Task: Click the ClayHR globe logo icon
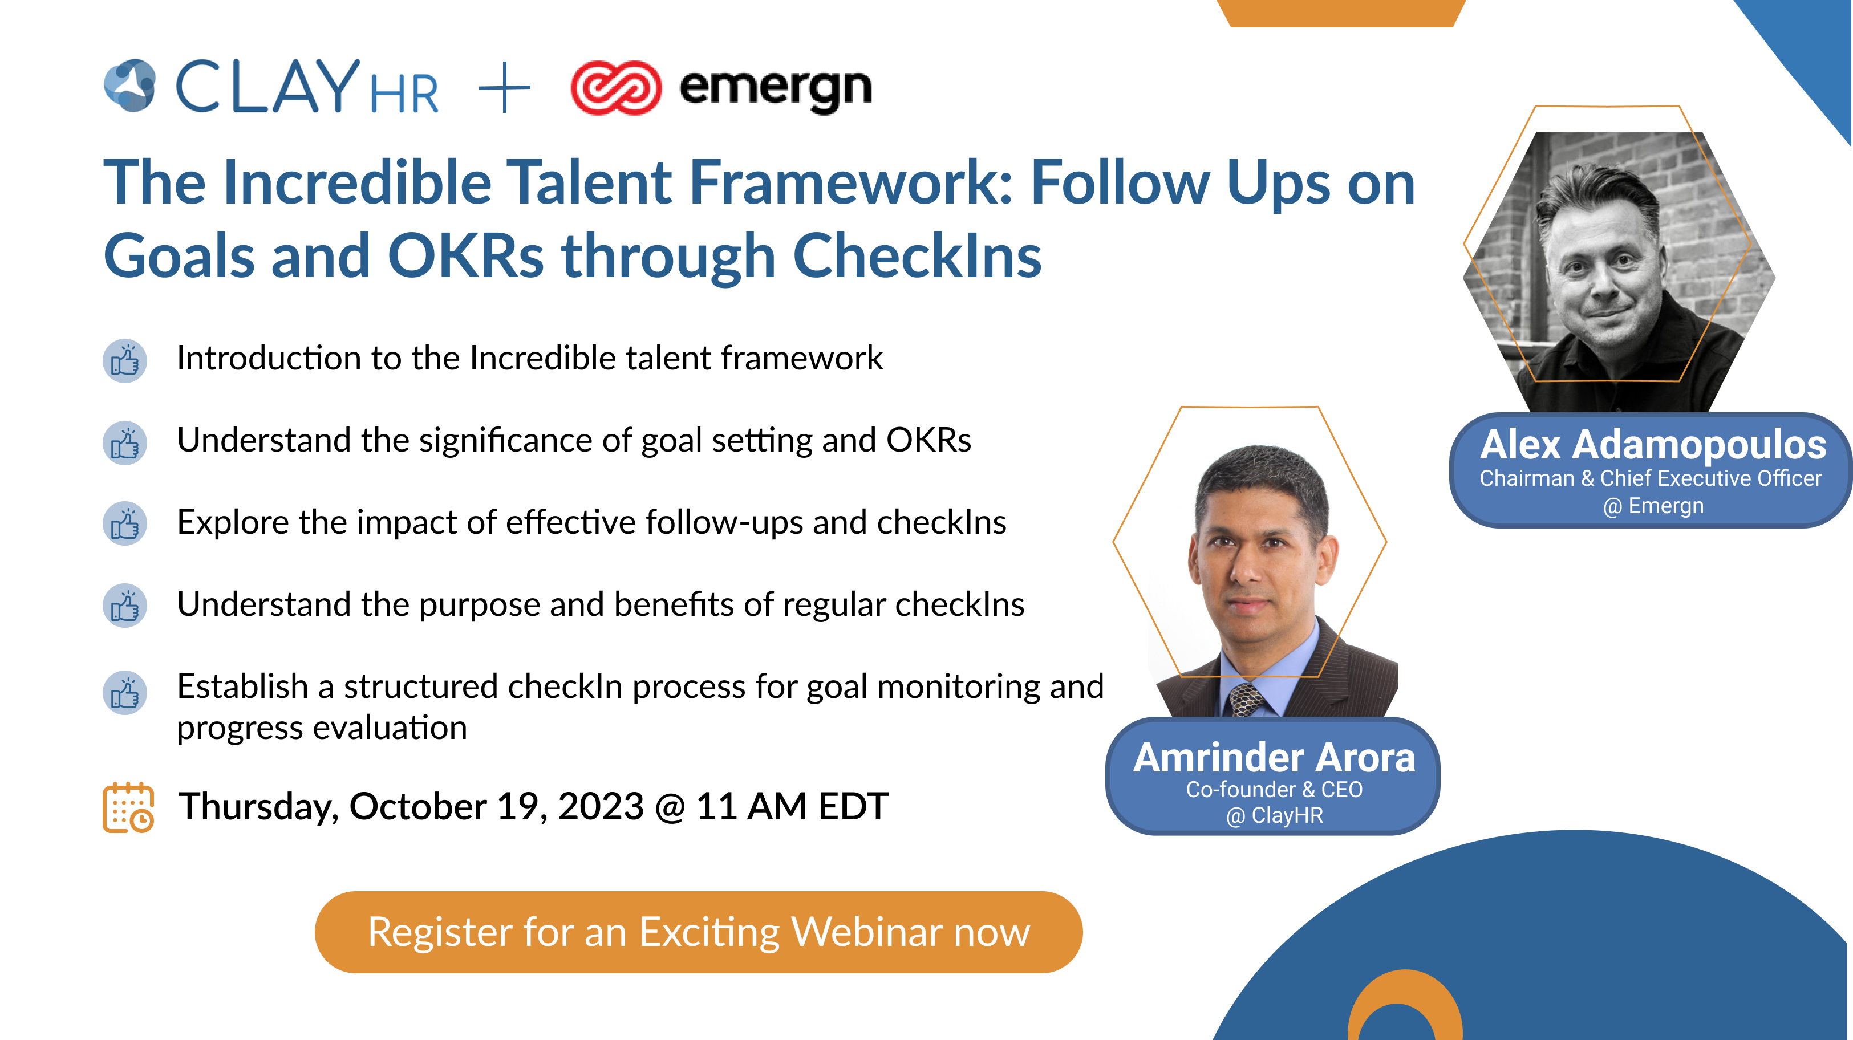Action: [130, 86]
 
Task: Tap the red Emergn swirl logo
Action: [616, 88]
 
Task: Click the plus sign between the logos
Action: [504, 88]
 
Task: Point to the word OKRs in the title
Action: [465, 257]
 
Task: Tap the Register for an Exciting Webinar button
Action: [699, 932]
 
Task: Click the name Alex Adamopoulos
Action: [1652, 445]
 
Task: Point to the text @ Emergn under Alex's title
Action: [1653, 506]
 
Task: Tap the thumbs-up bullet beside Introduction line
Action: [125, 361]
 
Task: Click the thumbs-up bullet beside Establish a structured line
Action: [125, 693]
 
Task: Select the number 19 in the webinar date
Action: [517, 806]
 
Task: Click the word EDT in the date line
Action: [853, 806]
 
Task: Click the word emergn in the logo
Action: [776, 89]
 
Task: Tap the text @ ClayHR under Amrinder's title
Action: [1274, 815]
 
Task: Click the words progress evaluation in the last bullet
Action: [322, 728]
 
